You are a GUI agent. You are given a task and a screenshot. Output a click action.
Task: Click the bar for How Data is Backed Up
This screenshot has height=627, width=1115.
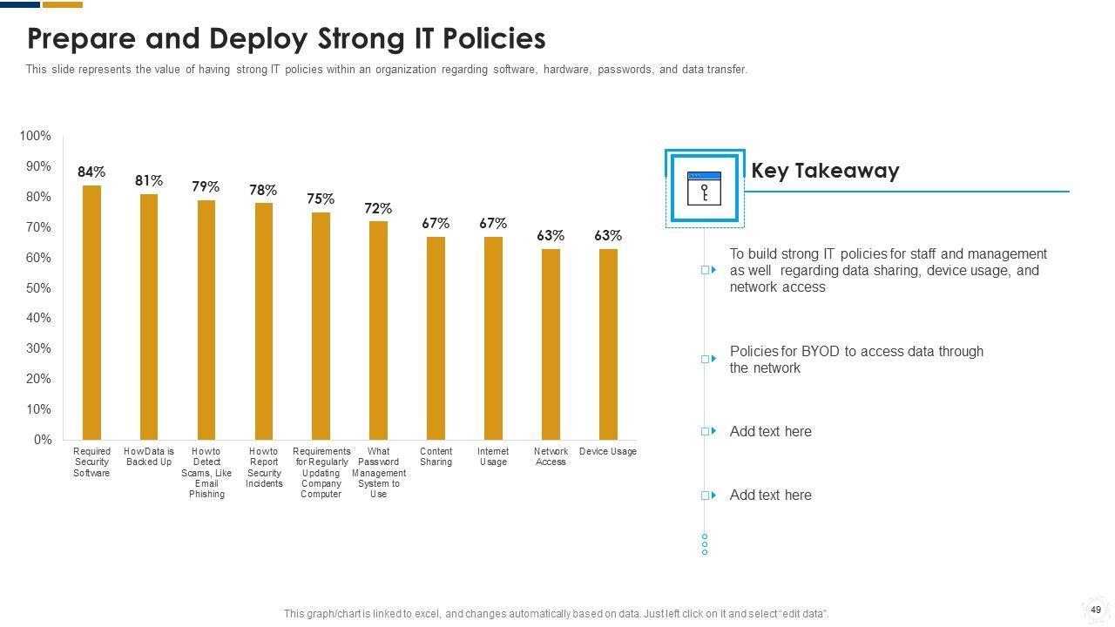click(149, 316)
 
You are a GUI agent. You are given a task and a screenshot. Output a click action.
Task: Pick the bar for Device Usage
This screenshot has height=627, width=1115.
click(608, 344)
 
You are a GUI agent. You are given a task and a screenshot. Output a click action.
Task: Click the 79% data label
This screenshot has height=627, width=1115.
click(206, 187)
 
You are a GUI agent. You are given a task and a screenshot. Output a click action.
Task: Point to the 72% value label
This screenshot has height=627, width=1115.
click(378, 209)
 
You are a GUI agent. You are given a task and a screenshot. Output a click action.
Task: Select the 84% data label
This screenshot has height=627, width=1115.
click(91, 172)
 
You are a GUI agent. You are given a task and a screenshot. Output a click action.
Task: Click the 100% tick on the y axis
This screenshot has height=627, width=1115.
click(35, 137)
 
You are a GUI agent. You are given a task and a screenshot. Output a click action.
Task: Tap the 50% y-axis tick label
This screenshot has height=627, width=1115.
click(38, 288)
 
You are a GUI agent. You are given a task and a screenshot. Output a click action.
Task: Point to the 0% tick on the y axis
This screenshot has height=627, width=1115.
click(43, 440)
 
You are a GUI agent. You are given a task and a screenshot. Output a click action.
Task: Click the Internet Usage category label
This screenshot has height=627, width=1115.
click(493, 456)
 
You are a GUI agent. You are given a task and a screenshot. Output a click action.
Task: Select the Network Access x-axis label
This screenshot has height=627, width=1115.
click(551, 456)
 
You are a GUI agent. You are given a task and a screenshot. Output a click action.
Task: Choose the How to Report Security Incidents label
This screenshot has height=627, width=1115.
click(264, 468)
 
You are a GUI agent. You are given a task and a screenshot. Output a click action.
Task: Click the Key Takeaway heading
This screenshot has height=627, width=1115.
click(825, 171)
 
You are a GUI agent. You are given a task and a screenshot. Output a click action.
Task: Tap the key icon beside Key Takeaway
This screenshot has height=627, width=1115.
click(704, 188)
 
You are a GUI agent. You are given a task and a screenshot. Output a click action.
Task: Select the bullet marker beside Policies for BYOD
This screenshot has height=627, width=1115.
click(708, 359)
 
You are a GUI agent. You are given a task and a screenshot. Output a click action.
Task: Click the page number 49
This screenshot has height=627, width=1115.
click(1096, 610)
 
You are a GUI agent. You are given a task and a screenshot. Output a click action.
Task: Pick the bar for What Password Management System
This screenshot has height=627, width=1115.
click(378, 330)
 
